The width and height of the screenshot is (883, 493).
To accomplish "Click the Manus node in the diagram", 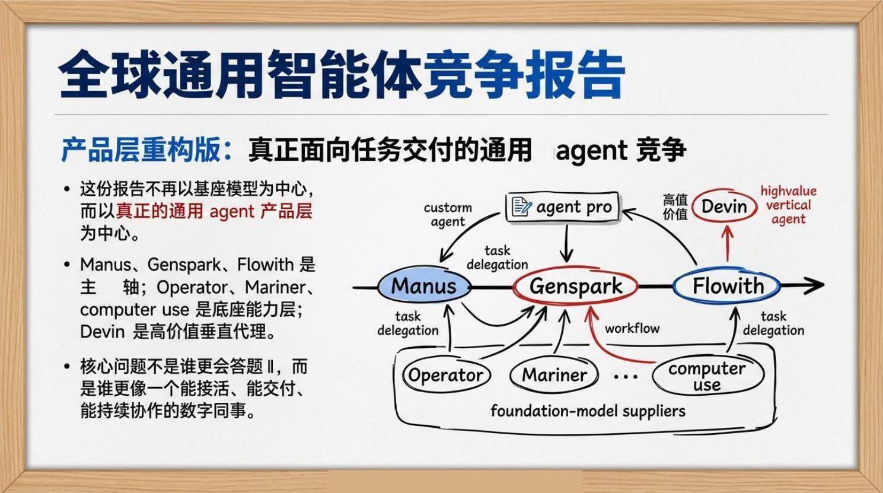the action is pos(424,287).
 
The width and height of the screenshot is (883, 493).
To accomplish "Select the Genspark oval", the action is pos(575,287).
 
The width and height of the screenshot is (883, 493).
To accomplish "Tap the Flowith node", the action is pos(727,287).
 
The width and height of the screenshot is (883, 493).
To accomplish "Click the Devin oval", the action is pos(723,206).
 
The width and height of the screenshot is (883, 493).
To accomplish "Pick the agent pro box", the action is pos(562,207).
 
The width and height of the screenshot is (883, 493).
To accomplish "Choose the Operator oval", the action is pos(446,375).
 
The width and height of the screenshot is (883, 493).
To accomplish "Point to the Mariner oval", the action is pos(554,375).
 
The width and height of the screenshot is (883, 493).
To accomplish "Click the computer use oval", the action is pos(707,376).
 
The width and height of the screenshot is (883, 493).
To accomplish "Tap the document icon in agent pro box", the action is pos(521,206).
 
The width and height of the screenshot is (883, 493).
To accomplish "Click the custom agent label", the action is pos(448,215).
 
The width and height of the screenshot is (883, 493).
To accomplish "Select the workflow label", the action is pos(632,328).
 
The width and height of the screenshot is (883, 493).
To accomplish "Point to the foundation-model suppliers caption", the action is pos(588,411).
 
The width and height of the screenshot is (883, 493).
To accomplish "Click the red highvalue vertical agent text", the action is pos(788,205).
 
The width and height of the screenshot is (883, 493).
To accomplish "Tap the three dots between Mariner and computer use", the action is pos(625,376).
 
